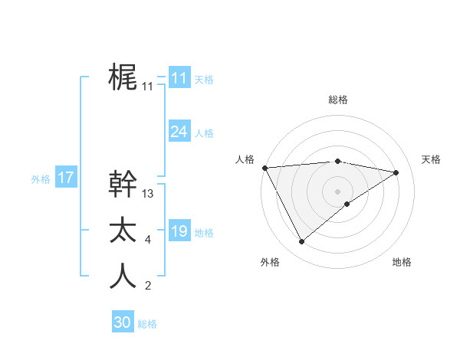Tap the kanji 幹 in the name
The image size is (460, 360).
pyautogui.click(x=123, y=183)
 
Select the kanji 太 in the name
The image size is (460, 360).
pyautogui.click(x=123, y=230)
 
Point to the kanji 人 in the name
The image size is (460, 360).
pyautogui.click(x=123, y=276)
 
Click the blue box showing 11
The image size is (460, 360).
pyautogui.click(x=179, y=78)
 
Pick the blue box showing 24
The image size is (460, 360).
pyautogui.click(x=179, y=132)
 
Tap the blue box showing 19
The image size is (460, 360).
pyautogui.click(x=179, y=231)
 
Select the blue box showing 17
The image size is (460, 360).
pyautogui.click(x=65, y=178)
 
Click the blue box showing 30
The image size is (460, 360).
pyautogui.click(x=122, y=322)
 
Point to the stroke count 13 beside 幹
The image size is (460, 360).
pyautogui.click(x=148, y=194)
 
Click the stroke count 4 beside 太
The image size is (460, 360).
pyautogui.click(x=147, y=241)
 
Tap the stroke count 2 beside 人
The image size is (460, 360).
pyautogui.click(x=147, y=286)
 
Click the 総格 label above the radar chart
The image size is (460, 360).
pyautogui.click(x=337, y=100)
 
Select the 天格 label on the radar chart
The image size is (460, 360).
pyautogui.click(x=431, y=159)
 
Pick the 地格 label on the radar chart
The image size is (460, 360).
pyautogui.click(x=402, y=262)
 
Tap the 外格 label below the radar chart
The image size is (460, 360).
pyautogui.click(x=270, y=262)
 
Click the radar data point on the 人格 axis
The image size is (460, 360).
pyautogui.click(x=264, y=168)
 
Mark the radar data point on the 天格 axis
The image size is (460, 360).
pyautogui.click(x=396, y=172)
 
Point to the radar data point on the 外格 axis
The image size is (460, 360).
pyautogui.click(x=301, y=242)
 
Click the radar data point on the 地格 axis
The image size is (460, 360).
pyautogui.click(x=347, y=204)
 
